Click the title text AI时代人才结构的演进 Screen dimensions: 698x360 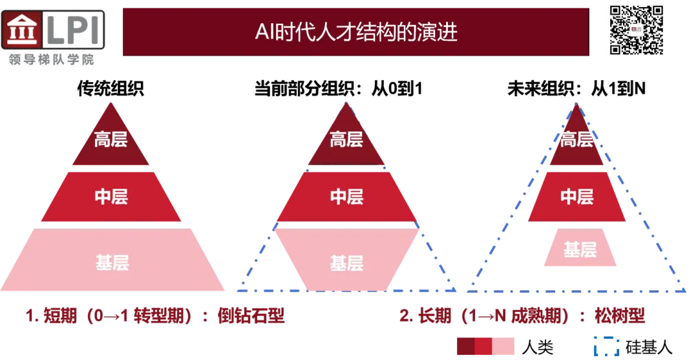(356, 32)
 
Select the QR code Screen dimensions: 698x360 (637, 30)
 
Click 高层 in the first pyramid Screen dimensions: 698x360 (111, 140)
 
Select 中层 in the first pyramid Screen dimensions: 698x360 (111, 196)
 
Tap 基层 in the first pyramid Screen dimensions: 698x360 (112, 262)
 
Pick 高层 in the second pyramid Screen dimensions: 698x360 (346, 140)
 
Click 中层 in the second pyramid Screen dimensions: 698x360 (346, 196)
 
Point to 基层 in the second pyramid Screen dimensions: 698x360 (347, 263)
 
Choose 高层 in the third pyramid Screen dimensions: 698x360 (576, 139)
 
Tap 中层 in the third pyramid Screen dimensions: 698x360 (576, 196)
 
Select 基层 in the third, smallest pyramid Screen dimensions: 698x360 (580, 249)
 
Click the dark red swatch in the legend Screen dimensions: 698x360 (465, 347)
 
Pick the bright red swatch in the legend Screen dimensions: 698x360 (483, 347)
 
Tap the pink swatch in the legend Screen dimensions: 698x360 (505, 347)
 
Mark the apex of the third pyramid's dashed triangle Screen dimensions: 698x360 (576, 101)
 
